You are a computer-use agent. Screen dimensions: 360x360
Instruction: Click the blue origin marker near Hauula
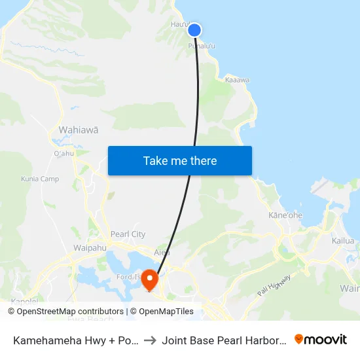click(194, 29)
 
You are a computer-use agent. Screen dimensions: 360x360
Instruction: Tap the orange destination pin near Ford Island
click(150, 279)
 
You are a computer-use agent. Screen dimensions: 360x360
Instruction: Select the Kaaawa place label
click(237, 80)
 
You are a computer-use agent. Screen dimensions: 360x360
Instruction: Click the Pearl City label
click(128, 234)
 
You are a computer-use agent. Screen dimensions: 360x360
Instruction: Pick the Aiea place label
click(162, 252)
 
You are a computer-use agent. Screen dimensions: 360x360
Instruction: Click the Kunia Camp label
click(40, 179)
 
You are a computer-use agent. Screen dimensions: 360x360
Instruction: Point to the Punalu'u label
click(202, 46)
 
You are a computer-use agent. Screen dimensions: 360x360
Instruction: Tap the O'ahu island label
click(64, 154)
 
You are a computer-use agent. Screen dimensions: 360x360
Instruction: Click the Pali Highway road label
click(273, 285)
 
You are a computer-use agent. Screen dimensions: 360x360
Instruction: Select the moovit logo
click(321, 339)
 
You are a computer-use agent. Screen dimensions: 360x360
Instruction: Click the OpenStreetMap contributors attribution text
click(70, 312)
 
